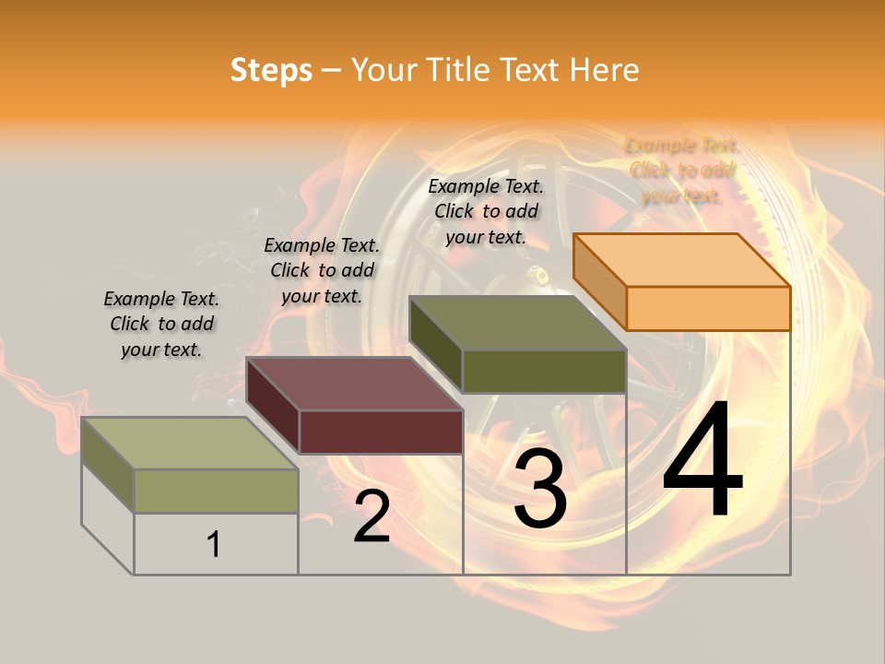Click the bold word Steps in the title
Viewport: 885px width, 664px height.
pos(271,70)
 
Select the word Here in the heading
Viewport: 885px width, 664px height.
pos(604,70)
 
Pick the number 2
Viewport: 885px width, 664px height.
pos(372,516)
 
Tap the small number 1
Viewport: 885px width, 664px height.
pos(214,545)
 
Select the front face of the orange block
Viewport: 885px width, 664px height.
pos(708,308)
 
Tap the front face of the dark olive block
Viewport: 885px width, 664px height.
pos(544,371)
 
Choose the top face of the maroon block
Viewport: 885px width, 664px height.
pos(354,384)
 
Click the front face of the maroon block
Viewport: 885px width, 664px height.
pos(381,432)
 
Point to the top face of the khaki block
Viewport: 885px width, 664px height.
pos(190,443)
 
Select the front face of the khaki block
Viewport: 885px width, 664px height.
pos(216,491)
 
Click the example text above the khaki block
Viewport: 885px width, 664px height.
pos(161,324)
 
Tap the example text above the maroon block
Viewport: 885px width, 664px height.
pos(322,270)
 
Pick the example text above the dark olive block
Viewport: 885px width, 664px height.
pos(486,211)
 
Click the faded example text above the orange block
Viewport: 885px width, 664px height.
pos(682,171)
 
